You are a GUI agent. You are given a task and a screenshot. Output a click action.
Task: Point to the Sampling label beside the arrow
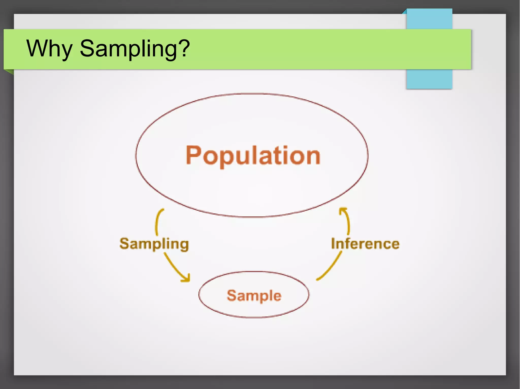[154, 244]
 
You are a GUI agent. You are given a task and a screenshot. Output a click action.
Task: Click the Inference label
[365, 244]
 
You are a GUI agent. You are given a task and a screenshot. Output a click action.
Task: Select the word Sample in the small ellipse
[254, 295]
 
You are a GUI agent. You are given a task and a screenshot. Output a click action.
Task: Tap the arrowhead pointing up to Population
[343, 210]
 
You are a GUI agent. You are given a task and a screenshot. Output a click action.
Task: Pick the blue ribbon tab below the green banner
[429, 79]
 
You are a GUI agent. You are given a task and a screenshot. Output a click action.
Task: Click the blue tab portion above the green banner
[429, 19]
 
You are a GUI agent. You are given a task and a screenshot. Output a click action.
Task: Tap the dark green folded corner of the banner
[9, 72]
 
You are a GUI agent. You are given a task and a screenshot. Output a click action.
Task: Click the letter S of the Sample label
[232, 295]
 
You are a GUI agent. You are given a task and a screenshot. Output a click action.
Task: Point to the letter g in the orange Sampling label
[183, 245]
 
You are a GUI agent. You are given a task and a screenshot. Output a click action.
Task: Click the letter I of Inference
[333, 244]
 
